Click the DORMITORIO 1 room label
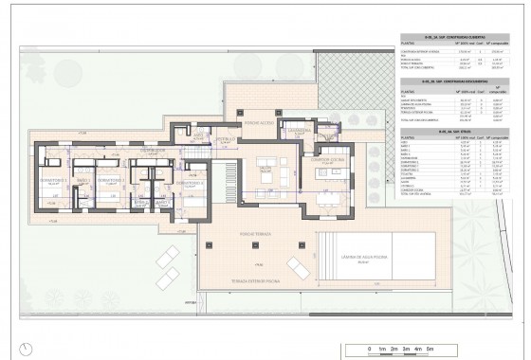point(194,181)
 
